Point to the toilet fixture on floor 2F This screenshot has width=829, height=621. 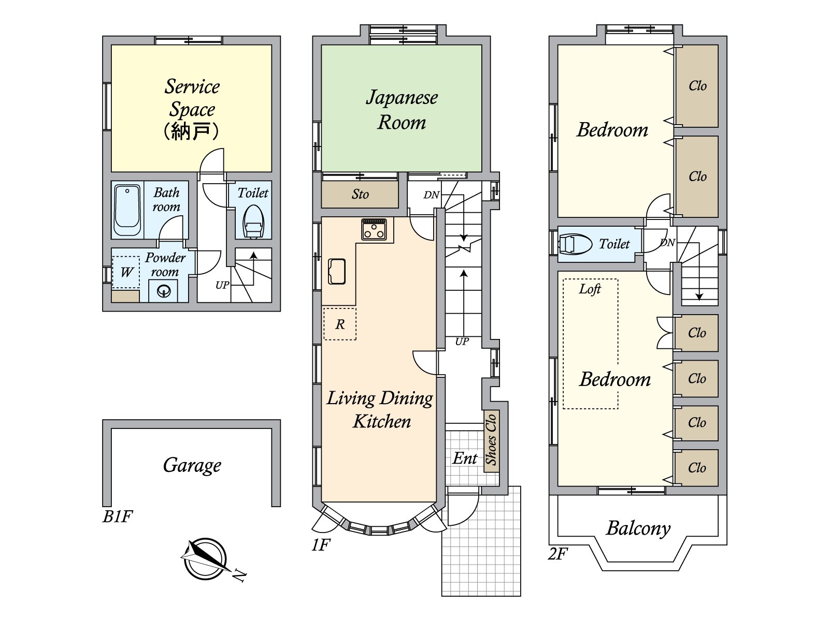click(575, 244)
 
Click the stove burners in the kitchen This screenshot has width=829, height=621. click(374, 229)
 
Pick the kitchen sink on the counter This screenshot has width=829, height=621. click(336, 271)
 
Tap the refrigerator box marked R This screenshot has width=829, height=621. click(340, 324)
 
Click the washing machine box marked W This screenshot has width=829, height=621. click(126, 272)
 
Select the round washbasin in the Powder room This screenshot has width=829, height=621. click(164, 291)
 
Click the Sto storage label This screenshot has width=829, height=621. click(360, 194)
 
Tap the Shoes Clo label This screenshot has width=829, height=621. click(491, 439)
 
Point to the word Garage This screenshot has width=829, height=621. click(192, 466)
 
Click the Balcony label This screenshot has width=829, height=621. click(639, 528)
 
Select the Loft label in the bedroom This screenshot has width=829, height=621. click(590, 289)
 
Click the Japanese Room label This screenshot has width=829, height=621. click(402, 110)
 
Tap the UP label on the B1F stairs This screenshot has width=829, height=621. click(222, 285)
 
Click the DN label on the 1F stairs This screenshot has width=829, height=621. click(431, 195)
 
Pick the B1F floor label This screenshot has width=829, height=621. click(118, 516)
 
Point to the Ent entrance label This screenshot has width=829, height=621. click(465, 459)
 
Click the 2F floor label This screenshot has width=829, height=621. click(558, 554)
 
